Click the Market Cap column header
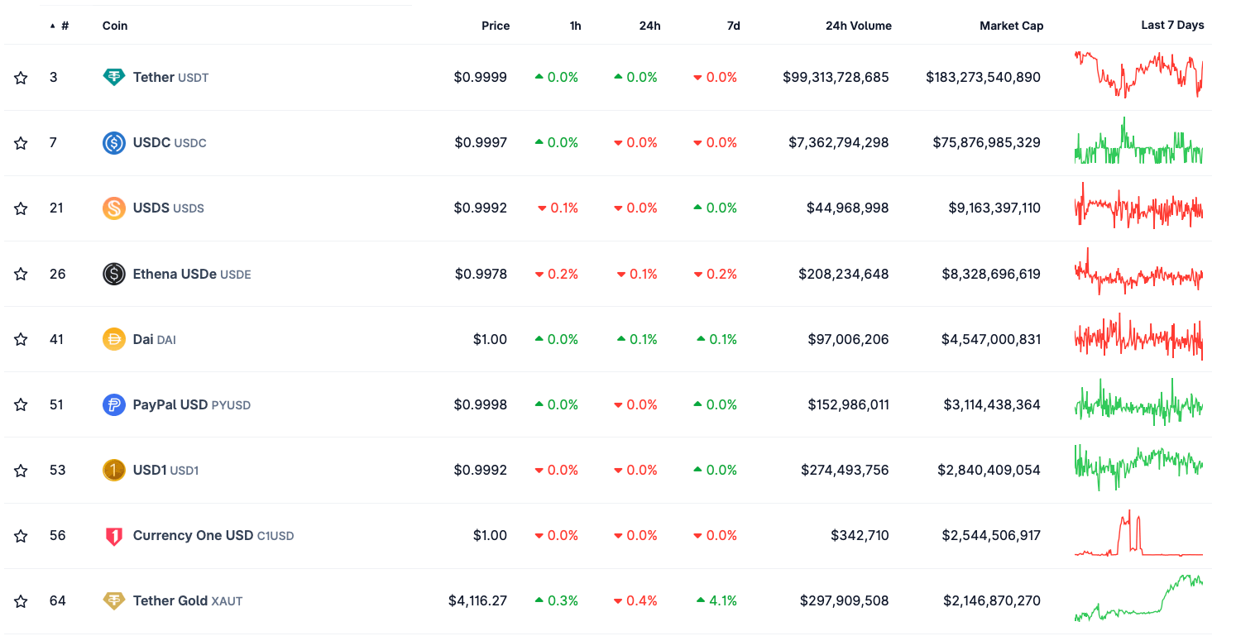click(1011, 26)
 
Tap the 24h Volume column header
click(858, 26)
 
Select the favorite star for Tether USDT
click(21, 78)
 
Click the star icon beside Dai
click(21, 339)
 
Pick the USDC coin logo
click(114, 143)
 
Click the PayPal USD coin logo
click(114, 405)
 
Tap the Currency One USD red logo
click(114, 536)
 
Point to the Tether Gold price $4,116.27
click(477, 601)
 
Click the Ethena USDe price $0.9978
click(480, 274)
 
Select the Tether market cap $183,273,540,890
click(983, 78)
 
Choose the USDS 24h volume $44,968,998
click(847, 208)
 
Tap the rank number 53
click(56, 471)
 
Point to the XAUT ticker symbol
click(228, 602)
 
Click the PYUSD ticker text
click(231, 405)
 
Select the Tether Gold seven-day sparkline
click(1138, 600)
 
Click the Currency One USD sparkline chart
click(1138, 536)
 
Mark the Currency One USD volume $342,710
click(860, 536)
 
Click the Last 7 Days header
click(1171, 26)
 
